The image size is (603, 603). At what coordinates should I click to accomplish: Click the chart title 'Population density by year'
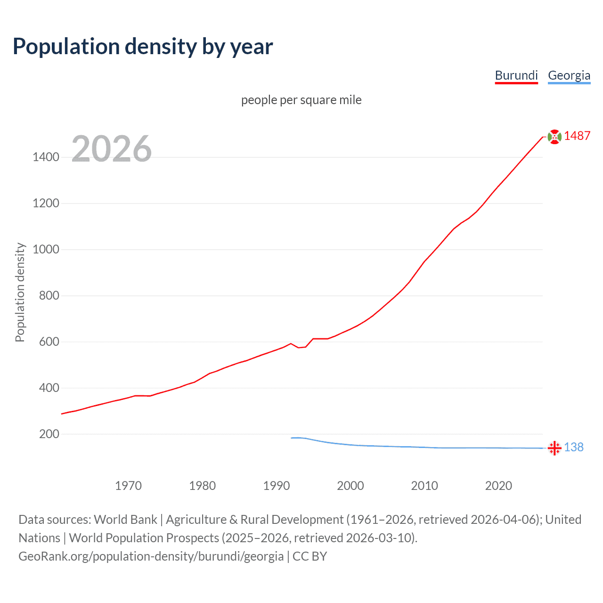pos(143,47)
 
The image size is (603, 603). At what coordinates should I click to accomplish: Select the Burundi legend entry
pos(516,75)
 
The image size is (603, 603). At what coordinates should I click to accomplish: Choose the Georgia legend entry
pos(569,75)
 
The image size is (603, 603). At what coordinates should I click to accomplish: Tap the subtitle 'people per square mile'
pos(301,100)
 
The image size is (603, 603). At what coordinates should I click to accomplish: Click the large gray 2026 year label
pos(112,149)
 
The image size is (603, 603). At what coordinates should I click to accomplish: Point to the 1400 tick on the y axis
pos(46,157)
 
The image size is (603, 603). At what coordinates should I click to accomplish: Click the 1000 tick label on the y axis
pos(46,250)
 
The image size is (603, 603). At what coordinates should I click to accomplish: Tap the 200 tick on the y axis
pos(49,434)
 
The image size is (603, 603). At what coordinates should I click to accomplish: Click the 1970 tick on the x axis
pos(128,486)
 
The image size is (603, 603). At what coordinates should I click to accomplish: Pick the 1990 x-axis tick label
pos(277,486)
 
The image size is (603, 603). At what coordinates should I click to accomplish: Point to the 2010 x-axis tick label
pos(424,486)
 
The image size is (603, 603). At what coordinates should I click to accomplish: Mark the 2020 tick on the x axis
pos(498,486)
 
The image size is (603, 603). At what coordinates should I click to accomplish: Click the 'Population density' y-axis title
pos(20,292)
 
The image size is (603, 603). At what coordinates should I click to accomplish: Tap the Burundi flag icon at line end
pos(554,137)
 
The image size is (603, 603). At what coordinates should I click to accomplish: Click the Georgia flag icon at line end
pos(554,448)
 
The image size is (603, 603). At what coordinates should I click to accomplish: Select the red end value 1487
pos(577,136)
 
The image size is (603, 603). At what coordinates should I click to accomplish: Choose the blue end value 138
pos(574,448)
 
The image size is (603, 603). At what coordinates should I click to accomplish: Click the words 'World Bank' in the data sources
pos(125,520)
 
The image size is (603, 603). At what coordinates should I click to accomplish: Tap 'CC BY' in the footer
pos(310,556)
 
